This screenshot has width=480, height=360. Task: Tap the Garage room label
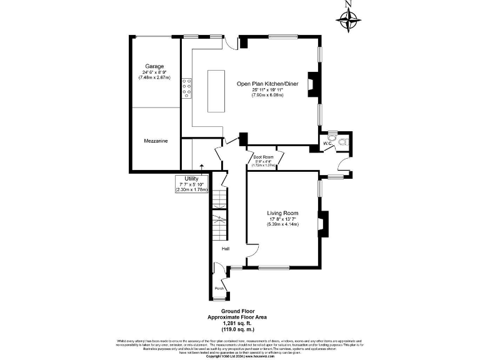154,66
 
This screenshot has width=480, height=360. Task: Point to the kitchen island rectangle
216,91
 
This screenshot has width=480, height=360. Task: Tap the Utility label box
191,184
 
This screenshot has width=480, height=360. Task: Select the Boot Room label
262,156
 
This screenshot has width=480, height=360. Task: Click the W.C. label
327,144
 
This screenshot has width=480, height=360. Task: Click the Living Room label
282,213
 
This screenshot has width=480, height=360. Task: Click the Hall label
224,249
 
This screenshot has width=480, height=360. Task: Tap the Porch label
219,288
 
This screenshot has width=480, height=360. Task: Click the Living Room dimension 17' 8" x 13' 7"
282,219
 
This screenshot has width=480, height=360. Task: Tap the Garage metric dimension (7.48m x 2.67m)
154,78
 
